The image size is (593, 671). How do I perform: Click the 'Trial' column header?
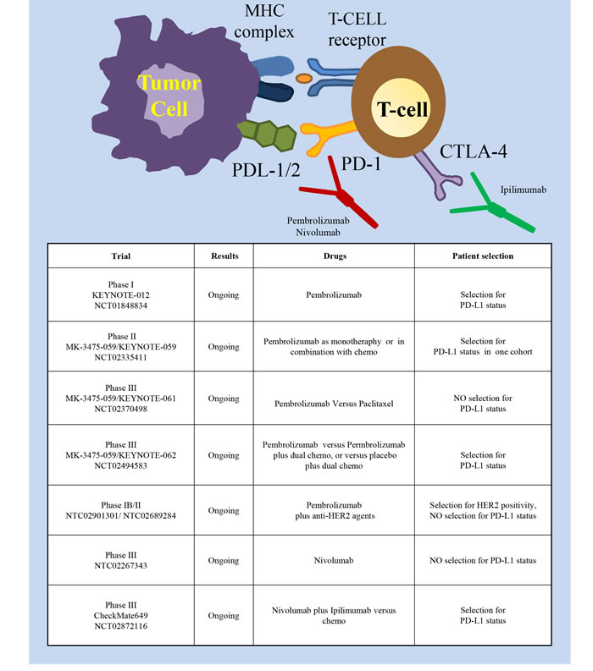click(120, 255)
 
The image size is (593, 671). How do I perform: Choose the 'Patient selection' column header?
click(482, 255)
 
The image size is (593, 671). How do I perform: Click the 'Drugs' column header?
click(333, 255)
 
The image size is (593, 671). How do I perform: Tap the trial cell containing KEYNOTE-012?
click(120, 295)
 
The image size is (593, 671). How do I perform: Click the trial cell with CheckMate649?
click(120, 615)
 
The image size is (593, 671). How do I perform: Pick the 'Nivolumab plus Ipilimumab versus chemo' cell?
click(333, 615)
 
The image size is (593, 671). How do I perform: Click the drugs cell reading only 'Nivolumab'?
click(333, 561)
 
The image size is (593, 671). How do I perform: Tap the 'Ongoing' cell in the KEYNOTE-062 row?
click(224, 455)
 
